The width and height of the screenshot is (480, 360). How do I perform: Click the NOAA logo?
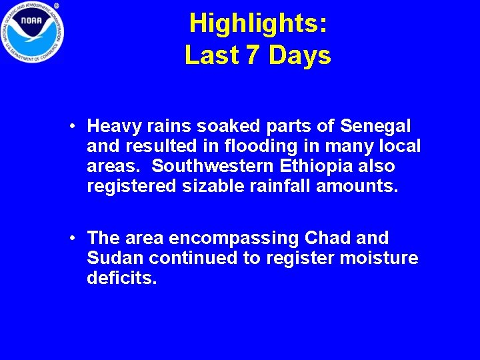(x=32, y=33)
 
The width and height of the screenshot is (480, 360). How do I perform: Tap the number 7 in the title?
(x=252, y=55)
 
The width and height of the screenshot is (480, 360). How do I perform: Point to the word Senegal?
(x=375, y=126)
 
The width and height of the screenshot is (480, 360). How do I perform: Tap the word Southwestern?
(x=215, y=166)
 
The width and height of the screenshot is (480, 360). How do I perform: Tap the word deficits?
(x=121, y=278)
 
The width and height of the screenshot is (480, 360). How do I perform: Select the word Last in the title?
(x=212, y=55)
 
